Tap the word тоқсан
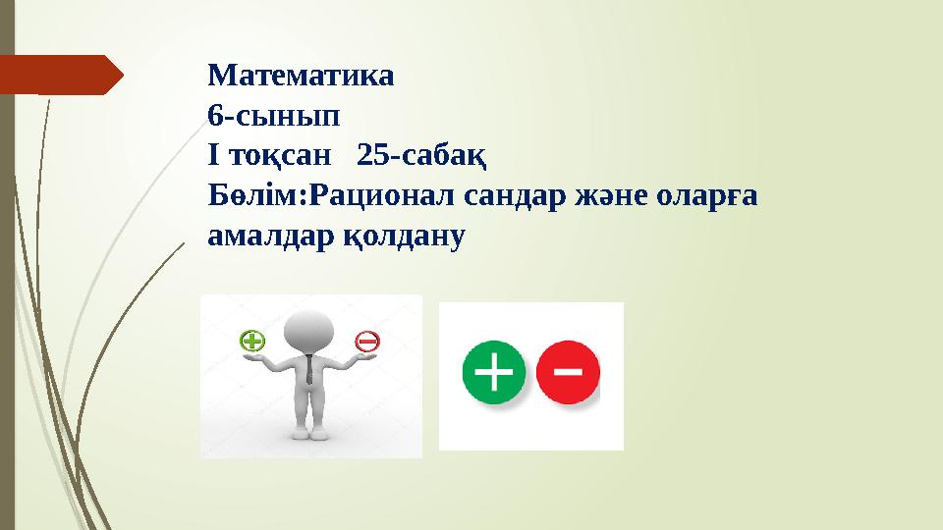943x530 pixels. tap(286, 155)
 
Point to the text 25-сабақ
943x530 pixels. tap(422, 155)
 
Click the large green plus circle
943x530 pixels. tap(494, 374)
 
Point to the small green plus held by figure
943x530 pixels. tap(252, 341)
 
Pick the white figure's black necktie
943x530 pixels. tap(309, 369)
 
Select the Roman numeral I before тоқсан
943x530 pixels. tap(213, 155)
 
